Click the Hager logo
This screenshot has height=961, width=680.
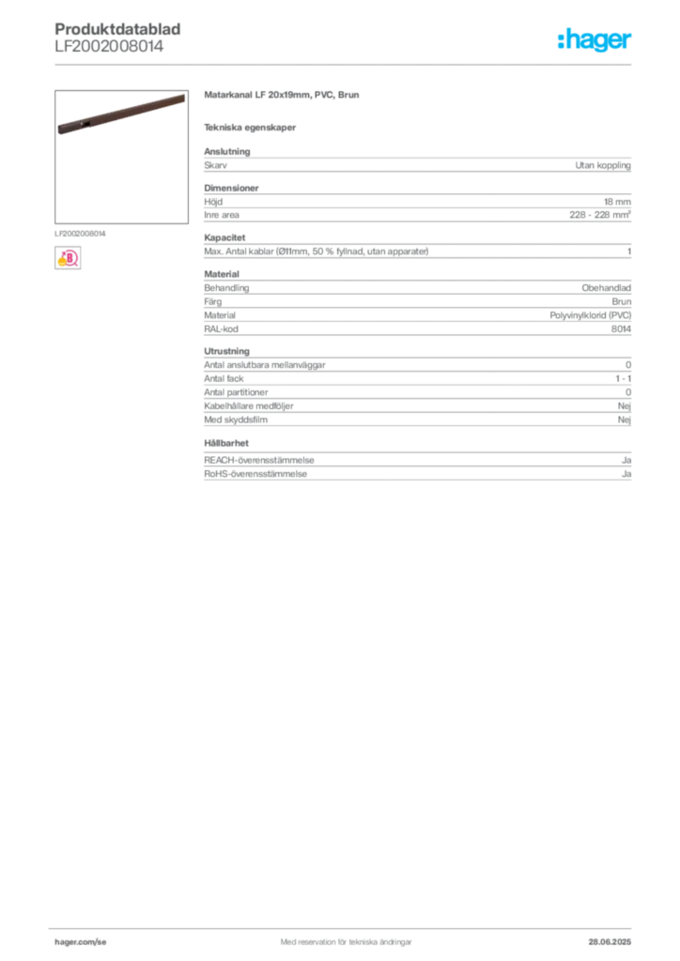(x=595, y=39)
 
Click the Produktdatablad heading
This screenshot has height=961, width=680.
(x=117, y=29)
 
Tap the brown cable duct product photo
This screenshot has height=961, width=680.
(x=121, y=114)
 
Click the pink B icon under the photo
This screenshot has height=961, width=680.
(x=68, y=258)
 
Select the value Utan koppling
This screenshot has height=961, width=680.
(x=603, y=165)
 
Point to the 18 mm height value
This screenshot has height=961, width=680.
(x=617, y=202)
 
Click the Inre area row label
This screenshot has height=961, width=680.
(x=222, y=215)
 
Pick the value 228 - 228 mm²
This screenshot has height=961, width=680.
(x=599, y=215)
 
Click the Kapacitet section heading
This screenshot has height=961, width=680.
(x=224, y=237)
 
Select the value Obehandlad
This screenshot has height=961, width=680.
(x=606, y=288)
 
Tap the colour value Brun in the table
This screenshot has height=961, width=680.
(x=621, y=301)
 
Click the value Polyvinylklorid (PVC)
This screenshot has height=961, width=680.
(x=591, y=315)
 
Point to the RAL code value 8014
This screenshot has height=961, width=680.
(x=621, y=329)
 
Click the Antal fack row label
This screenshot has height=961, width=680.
(x=224, y=379)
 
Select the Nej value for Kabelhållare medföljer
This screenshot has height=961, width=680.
(x=625, y=406)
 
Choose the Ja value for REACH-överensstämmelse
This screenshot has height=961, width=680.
(x=626, y=460)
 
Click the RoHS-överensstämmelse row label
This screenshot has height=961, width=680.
(x=255, y=474)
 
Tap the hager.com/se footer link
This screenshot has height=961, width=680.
(x=81, y=942)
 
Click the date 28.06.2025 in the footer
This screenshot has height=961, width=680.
(x=610, y=942)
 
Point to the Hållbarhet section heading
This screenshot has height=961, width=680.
(x=226, y=443)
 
